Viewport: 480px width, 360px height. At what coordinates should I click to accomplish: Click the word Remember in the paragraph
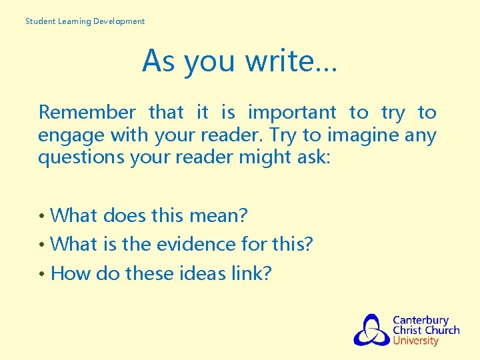(x=87, y=113)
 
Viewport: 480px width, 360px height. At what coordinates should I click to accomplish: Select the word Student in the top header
(x=40, y=21)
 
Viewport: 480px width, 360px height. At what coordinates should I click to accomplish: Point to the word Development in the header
(x=119, y=21)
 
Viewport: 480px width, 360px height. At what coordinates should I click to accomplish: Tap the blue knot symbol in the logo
(x=371, y=330)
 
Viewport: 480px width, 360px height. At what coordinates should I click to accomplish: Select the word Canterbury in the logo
(x=421, y=321)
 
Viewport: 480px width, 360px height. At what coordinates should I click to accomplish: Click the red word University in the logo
(x=416, y=341)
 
